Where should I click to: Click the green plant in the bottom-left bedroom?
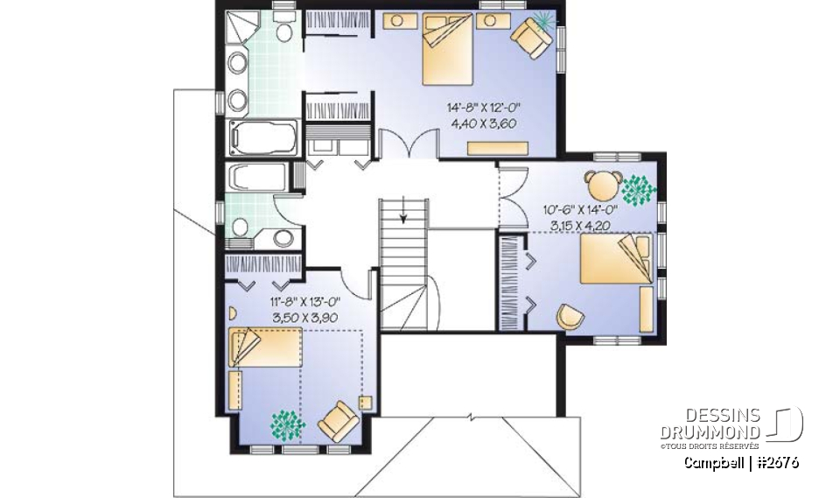[284, 424]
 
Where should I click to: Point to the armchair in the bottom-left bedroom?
[339, 420]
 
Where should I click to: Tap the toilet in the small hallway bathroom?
[283, 237]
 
